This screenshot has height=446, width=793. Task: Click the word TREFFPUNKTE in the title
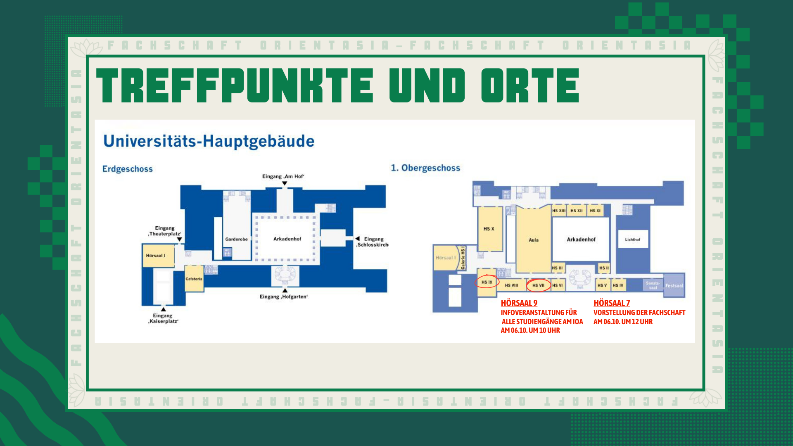coord(235,85)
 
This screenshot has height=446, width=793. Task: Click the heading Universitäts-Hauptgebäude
coord(209,141)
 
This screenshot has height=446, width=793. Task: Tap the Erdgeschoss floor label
coord(127,169)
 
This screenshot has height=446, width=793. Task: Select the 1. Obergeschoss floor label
coord(425,168)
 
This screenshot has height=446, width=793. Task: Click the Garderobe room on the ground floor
coord(236,239)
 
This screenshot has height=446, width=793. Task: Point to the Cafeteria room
coord(194,279)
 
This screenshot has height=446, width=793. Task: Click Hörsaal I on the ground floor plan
coord(156,256)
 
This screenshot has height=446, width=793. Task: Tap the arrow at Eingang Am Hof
coord(285,183)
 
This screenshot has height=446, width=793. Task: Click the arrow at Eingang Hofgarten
coord(285,290)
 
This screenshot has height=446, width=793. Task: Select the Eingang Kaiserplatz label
coord(163,318)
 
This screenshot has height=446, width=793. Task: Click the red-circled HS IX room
coord(487,282)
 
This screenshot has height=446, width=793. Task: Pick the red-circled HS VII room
coord(538,285)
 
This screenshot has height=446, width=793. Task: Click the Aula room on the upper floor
coord(533,240)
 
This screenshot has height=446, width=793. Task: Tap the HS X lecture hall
coord(489,229)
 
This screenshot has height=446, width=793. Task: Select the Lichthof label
coord(632,240)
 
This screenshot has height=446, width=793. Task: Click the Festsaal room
coord(674,286)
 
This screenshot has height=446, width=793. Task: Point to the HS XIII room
coord(558,211)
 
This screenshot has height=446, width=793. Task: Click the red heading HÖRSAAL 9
coord(519,303)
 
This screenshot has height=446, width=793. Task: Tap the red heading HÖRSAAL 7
coord(611,303)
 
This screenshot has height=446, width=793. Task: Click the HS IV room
coord(618,285)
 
